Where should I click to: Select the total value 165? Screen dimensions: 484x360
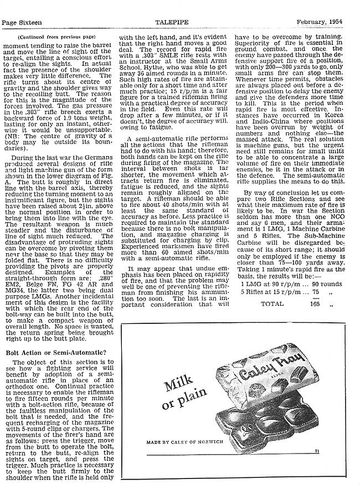(315, 320)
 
